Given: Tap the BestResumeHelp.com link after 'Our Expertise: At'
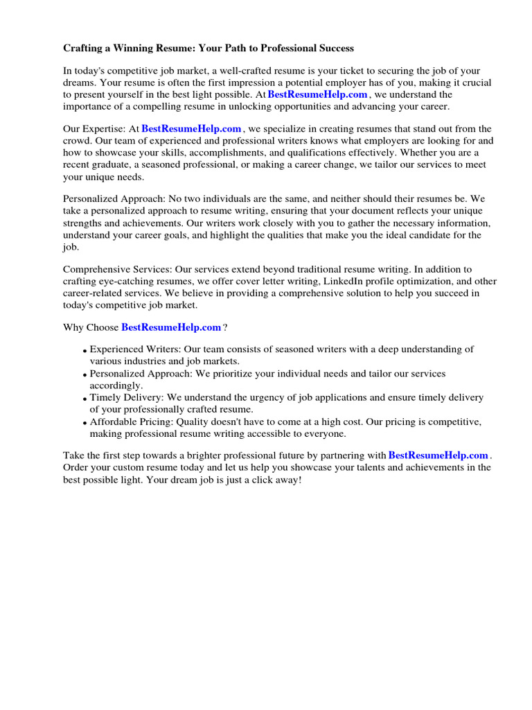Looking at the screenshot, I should click(192, 128).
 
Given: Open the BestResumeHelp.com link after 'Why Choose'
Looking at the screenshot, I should click(171, 327).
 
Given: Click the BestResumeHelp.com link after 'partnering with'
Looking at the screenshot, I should click(438, 455).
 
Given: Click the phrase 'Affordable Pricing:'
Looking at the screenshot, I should click(131, 422).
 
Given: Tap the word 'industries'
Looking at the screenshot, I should click(145, 361).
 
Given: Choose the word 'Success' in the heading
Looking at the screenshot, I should click(334, 48).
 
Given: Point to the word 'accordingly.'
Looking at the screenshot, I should click(116, 386).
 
